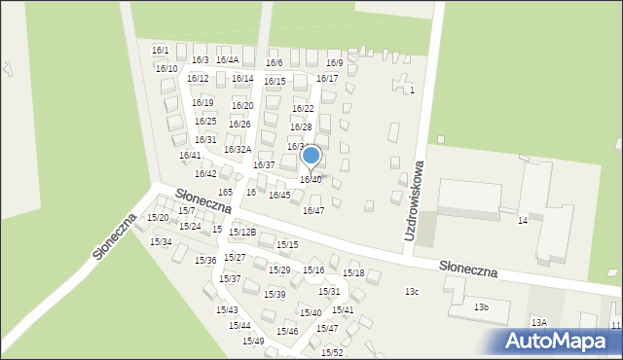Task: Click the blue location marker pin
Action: tap(311, 156)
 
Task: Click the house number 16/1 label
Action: tap(161, 50)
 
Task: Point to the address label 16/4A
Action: tap(227, 60)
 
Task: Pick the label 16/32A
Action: tap(238, 150)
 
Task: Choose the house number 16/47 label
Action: tap(313, 211)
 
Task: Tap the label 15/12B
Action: tap(242, 233)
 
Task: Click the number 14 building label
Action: tap(523, 221)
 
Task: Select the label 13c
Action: tap(413, 292)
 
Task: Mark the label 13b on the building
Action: tap(481, 307)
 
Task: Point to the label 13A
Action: tap(538, 322)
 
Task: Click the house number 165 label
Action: tap(226, 193)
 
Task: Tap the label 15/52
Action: tap(332, 352)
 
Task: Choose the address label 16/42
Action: tap(205, 174)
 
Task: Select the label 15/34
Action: tap(161, 242)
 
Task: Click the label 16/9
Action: tap(334, 62)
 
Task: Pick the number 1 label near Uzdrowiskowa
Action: tap(412, 90)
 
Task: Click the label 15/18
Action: tap(353, 273)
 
